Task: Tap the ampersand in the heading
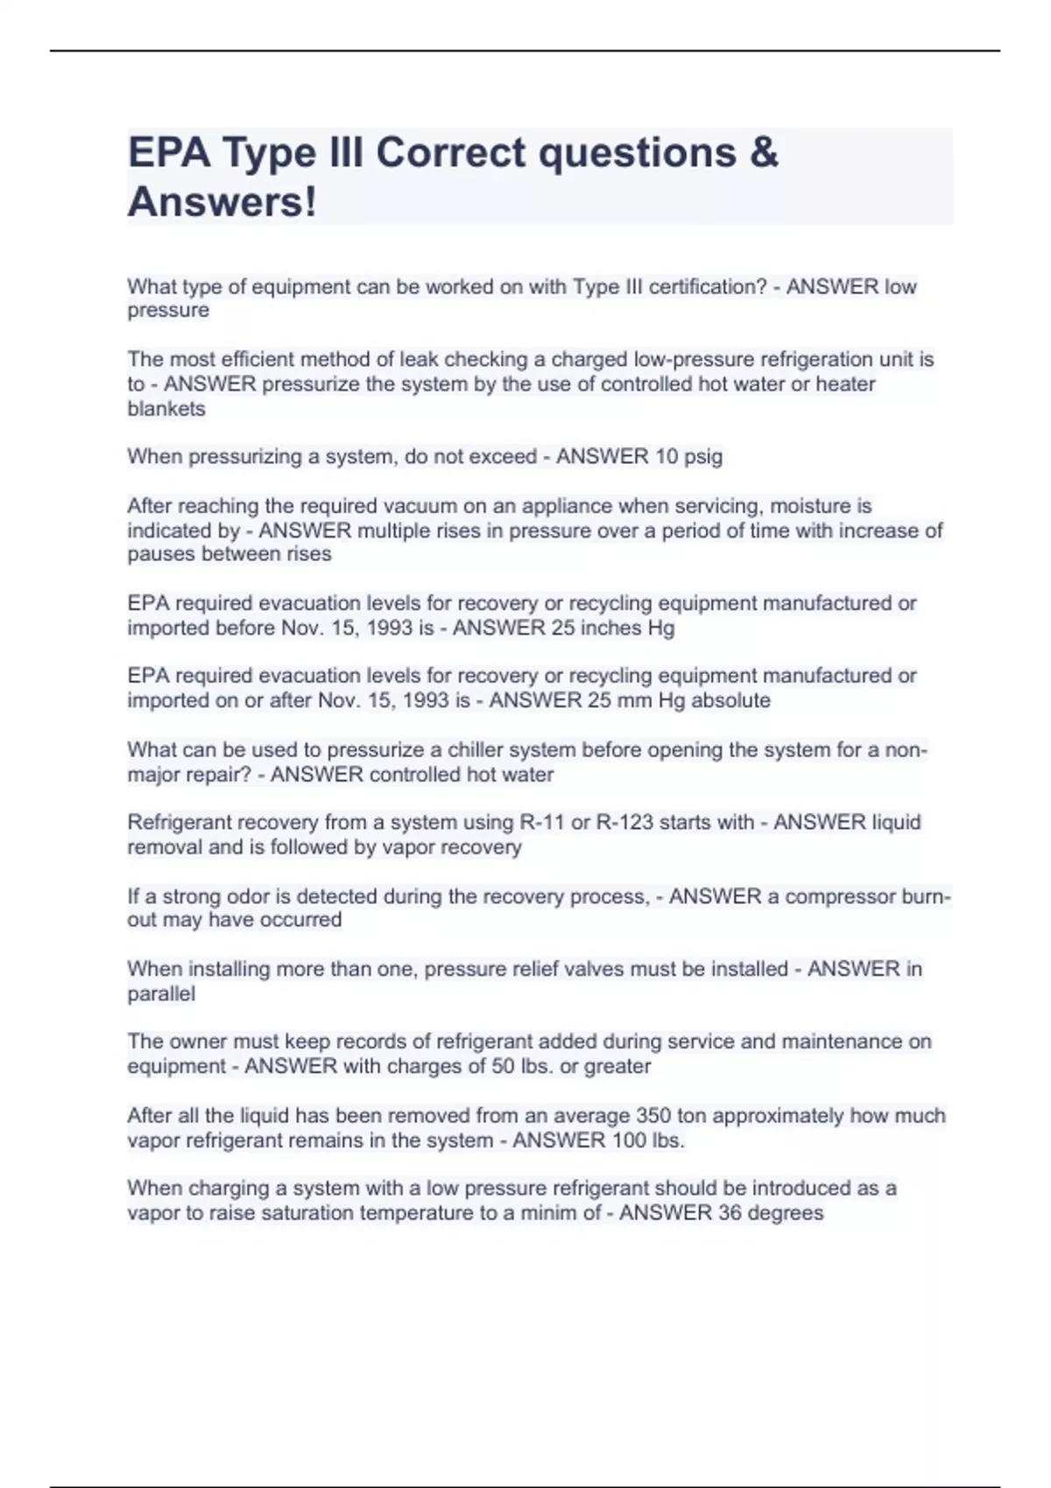click(763, 152)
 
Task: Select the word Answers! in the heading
click(222, 202)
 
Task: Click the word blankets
click(166, 409)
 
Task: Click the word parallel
click(161, 993)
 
